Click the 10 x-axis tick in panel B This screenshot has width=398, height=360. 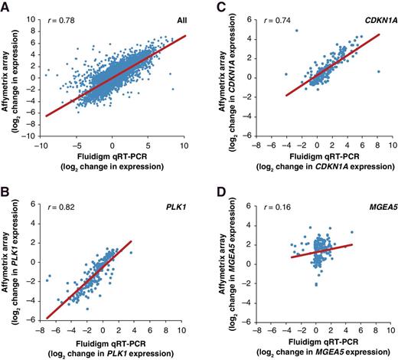[187, 316]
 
